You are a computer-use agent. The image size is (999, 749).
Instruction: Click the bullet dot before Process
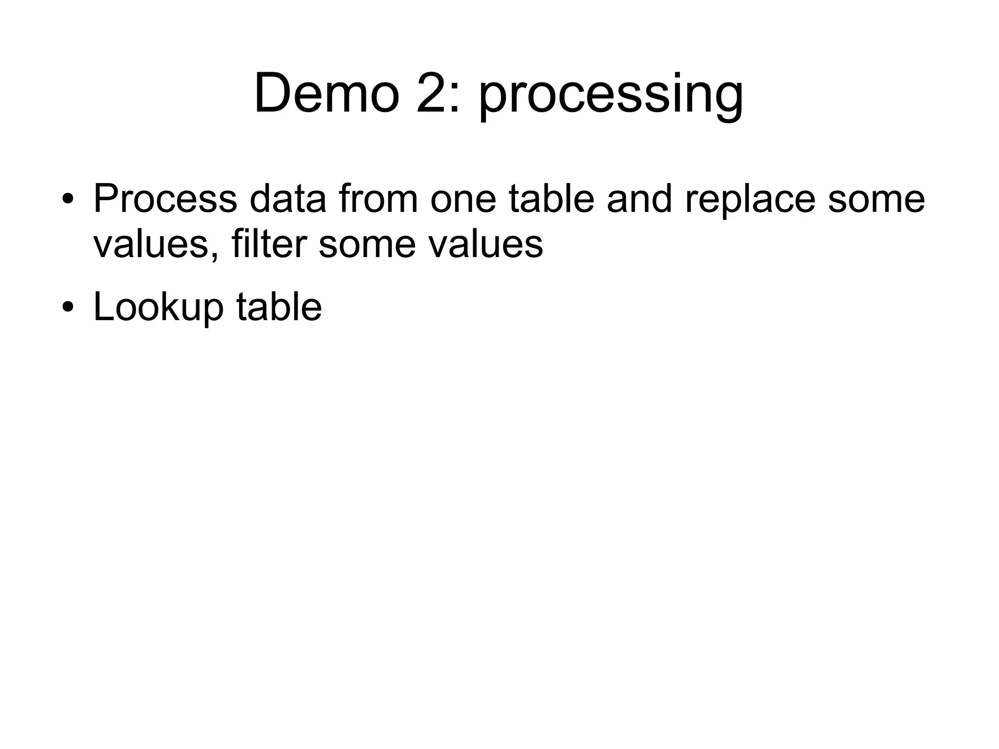pos(68,200)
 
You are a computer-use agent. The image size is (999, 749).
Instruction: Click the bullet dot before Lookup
pos(68,308)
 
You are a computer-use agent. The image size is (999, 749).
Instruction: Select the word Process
pos(165,199)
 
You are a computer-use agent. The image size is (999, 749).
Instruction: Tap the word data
pos(287,199)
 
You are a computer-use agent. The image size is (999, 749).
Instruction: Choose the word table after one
pos(551,199)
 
